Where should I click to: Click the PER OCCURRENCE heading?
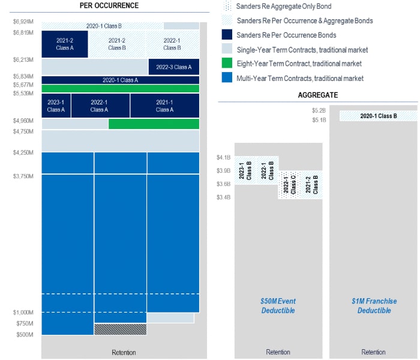tap(109, 5)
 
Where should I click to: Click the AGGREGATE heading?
tap(317, 95)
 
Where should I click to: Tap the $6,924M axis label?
tap(23, 22)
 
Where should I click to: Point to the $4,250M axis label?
tap(23, 153)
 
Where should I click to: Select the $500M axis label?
tap(25, 335)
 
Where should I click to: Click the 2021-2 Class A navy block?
tap(65, 44)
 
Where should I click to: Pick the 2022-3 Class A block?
tap(174, 67)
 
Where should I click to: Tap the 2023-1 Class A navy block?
tap(56, 106)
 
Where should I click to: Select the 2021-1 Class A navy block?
tap(164, 106)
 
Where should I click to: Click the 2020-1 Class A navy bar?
tap(120, 80)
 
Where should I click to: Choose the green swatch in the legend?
tap(227, 64)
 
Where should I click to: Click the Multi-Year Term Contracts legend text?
tap(299, 78)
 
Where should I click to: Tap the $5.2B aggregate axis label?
tap(319, 110)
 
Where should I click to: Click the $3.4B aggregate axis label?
tap(223, 197)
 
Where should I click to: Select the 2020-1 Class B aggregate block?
tap(378, 116)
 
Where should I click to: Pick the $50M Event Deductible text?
tap(278, 305)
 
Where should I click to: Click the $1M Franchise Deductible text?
tap(374, 305)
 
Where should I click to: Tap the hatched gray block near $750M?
tap(120, 329)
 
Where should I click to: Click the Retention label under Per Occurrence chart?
tap(124, 352)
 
